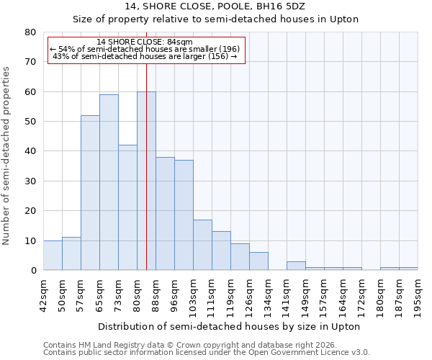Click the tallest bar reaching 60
point(146,181)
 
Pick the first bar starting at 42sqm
point(53,255)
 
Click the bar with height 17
point(202,245)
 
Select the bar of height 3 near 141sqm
point(296,266)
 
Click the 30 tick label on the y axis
point(31,181)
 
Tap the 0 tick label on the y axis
point(34,270)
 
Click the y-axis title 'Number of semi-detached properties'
point(7,156)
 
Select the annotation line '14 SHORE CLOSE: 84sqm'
point(145,42)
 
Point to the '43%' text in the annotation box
point(60,56)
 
